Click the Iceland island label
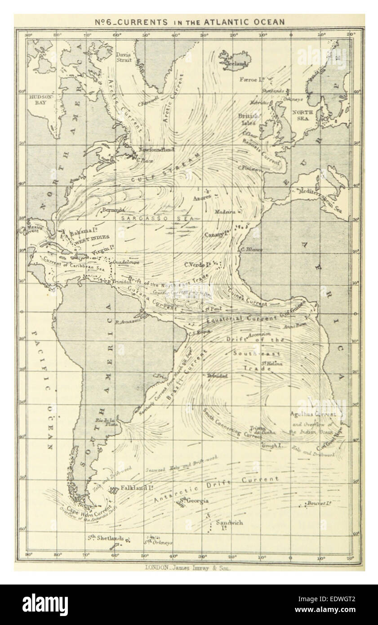click(236, 64)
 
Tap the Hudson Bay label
click(41, 100)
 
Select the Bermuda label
click(113, 210)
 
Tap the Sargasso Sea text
click(157, 218)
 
